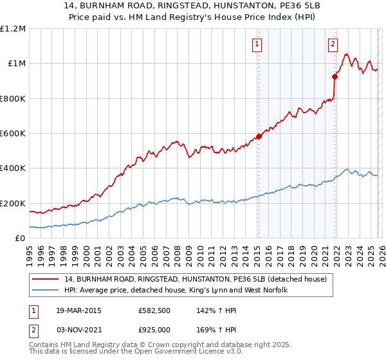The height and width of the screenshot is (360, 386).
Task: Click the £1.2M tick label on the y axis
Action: coord(13,28)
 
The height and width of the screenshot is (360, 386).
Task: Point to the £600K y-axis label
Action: coord(13,134)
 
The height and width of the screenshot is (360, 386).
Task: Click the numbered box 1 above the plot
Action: coord(257,44)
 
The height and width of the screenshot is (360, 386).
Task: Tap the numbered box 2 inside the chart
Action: coord(333,44)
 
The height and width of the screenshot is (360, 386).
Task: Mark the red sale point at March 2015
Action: coord(259,136)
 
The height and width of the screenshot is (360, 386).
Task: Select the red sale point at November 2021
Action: coord(335,76)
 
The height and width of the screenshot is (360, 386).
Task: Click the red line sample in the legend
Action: coord(46,279)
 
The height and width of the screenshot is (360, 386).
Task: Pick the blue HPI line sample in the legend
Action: coord(46,291)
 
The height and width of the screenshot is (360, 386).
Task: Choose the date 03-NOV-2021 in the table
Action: coord(75,329)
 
